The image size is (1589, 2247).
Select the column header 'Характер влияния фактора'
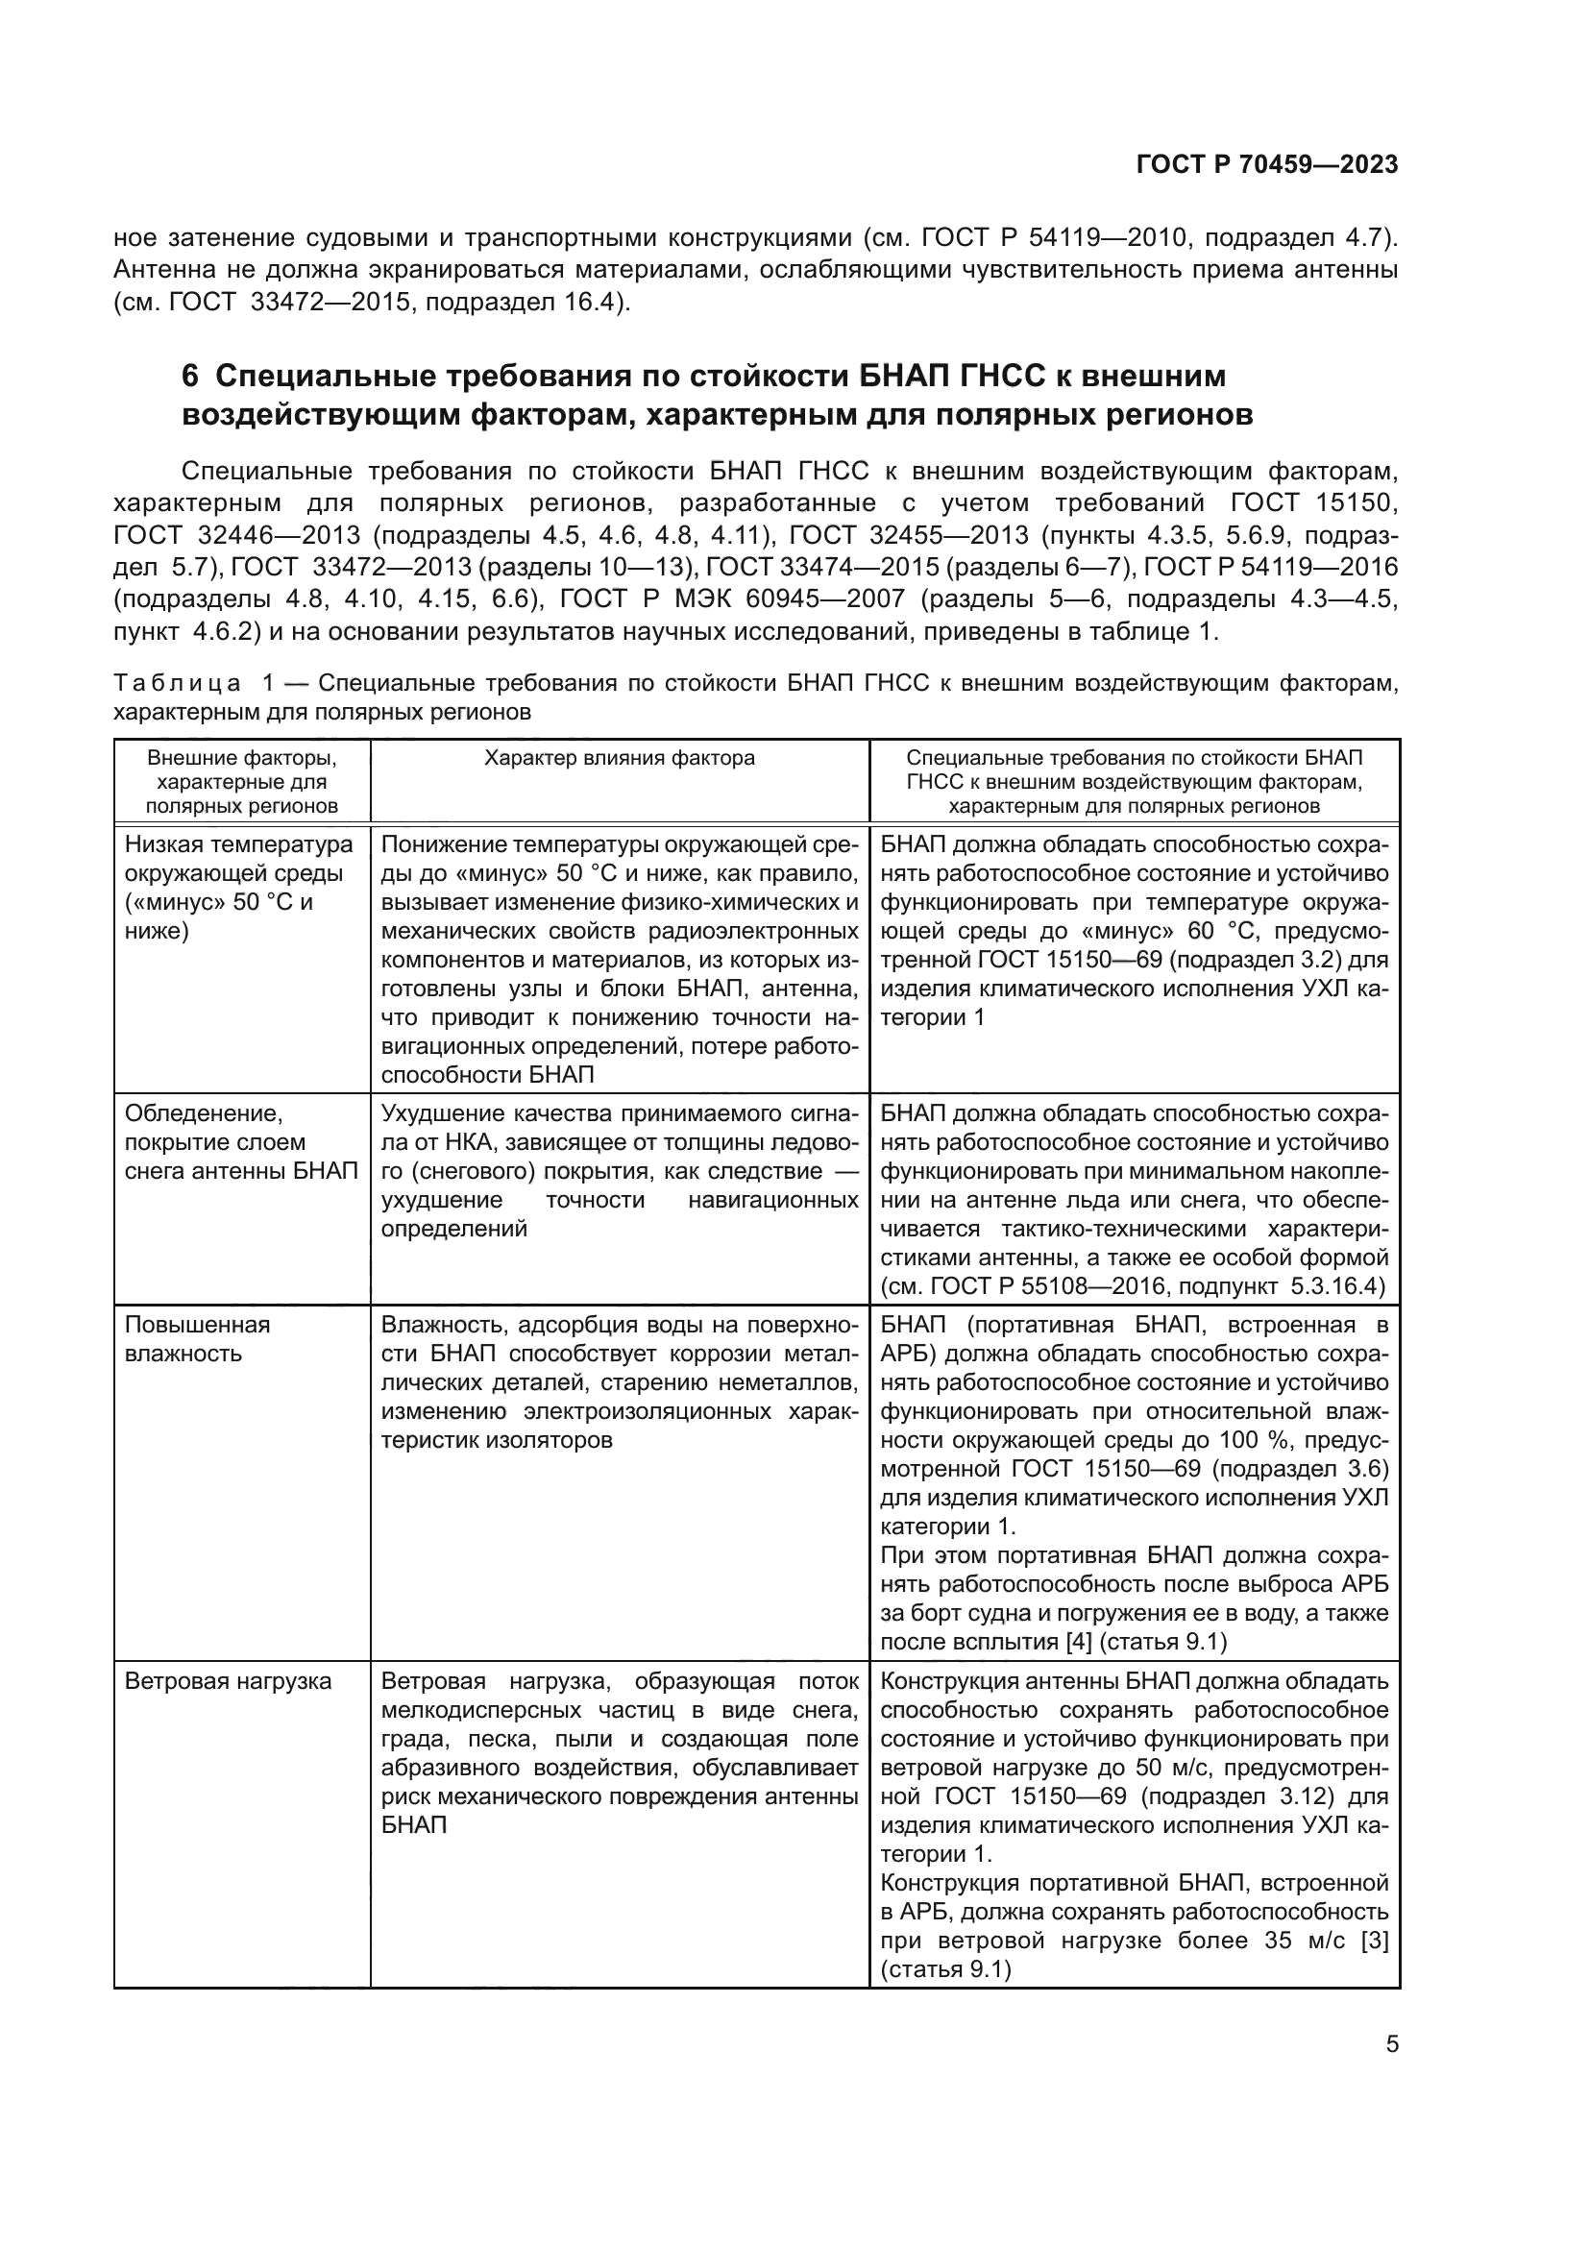[x=620, y=757]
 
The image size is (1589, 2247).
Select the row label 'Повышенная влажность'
[x=197, y=1339]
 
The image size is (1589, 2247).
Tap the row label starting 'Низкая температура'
[x=239, y=843]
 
